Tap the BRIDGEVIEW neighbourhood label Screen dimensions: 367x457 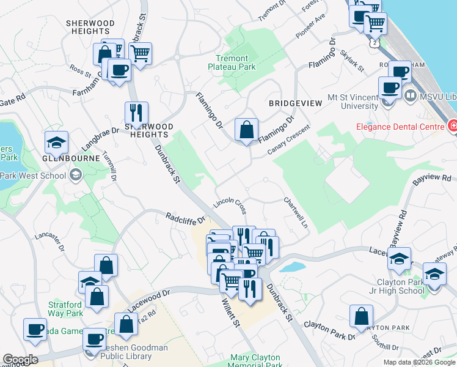[295, 103]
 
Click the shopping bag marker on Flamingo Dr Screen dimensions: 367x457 [246, 130]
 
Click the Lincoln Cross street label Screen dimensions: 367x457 [230, 206]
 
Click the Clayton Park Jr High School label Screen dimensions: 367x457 [401, 286]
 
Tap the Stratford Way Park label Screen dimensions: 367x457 [65, 309]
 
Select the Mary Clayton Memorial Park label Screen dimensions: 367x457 [255, 361]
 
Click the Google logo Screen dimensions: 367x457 [20, 360]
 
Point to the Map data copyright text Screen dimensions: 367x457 [419, 362]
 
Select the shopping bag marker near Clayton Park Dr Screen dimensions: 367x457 [361, 316]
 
